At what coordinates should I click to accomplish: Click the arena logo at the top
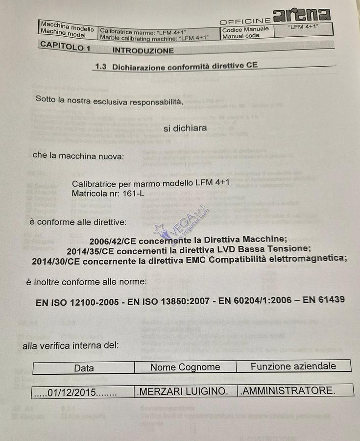coord(302,15)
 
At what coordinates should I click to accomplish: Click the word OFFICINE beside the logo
coord(245,21)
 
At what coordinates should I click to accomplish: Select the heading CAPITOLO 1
coord(65,47)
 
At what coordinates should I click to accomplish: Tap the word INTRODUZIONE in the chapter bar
coord(143,50)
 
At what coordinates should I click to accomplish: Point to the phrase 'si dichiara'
coord(185,128)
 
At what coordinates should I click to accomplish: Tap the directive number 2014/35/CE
coord(90,251)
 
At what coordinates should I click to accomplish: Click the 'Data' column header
coord(84,368)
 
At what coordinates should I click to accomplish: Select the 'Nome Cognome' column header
coord(185,367)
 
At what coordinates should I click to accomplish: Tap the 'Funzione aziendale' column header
coord(293,366)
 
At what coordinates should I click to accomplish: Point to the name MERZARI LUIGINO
coord(183,392)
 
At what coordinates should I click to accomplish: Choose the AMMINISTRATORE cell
coord(288,391)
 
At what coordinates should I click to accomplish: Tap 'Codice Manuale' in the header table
coord(245,29)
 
